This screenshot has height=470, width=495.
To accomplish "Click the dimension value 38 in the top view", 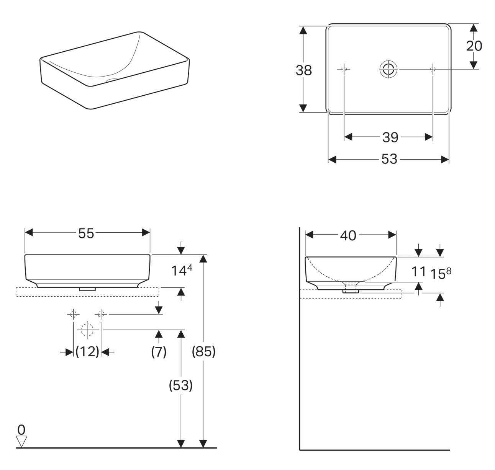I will [x=304, y=70].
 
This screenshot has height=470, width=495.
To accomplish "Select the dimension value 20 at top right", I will [x=474, y=46].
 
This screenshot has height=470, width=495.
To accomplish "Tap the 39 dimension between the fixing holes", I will [x=390, y=137].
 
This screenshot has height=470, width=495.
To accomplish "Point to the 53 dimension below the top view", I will [x=389, y=159].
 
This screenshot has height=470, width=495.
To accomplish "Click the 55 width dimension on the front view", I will [x=86, y=233].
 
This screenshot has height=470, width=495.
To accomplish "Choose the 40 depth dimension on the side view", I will [x=348, y=236].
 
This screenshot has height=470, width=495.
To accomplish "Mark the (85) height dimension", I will [x=203, y=351].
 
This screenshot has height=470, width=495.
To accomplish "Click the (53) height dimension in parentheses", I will [x=180, y=386].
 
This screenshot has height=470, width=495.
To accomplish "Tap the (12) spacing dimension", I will [x=87, y=351].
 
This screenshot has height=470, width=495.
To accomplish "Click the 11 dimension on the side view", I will [x=418, y=271].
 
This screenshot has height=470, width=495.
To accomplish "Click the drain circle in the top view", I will [x=389, y=69].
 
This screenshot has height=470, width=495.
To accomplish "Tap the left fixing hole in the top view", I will [x=344, y=69].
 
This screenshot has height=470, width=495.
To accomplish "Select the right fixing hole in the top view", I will [x=433, y=69].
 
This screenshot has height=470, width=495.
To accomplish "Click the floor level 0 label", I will [x=21, y=428].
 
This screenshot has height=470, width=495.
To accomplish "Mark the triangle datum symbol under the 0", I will [x=22, y=441].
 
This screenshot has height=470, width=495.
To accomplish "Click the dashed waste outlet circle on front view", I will [x=87, y=329].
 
